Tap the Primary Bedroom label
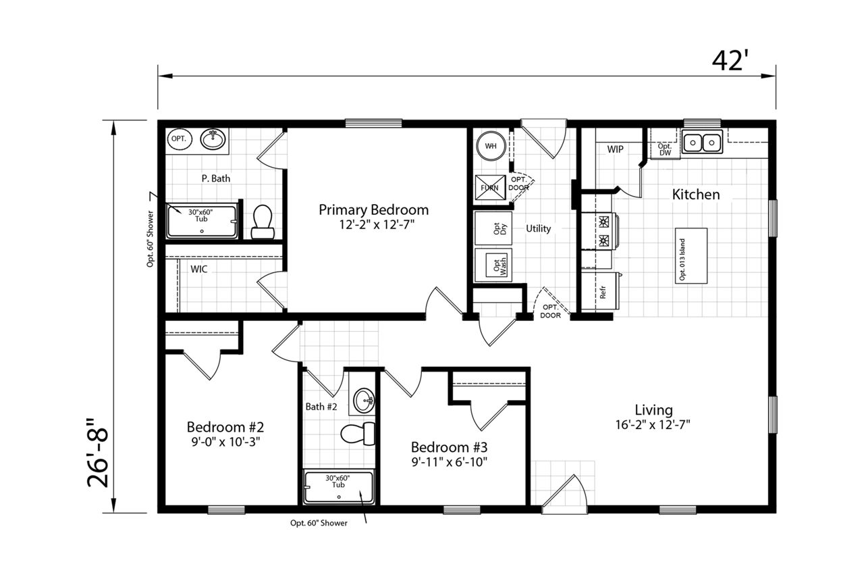(373, 209)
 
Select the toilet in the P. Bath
(263, 222)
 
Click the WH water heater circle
(491, 146)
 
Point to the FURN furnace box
(490, 188)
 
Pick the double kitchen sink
(702, 143)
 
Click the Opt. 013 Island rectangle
(691, 255)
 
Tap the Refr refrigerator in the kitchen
(600, 291)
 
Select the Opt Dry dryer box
(493, 228)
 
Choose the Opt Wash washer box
(493, 265)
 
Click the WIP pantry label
(615, 149)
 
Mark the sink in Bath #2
(363, 400)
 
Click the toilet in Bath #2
(358, 434)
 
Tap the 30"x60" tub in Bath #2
(339, 486)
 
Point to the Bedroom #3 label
(449, 447)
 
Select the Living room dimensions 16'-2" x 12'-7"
(653, 425)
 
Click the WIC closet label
(198, 269)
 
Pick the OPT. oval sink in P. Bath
(179, 139)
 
